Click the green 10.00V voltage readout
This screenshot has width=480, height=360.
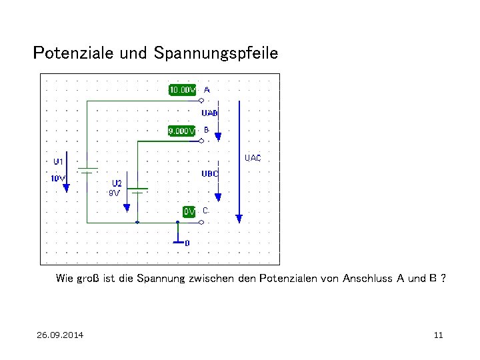tap(182, 89)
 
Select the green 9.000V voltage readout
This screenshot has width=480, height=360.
tap(181, 131)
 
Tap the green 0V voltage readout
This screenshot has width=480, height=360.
tap(189, 211)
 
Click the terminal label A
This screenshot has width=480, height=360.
tap(207, 89)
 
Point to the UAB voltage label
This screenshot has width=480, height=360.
tap(209, 113)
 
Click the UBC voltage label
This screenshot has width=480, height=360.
tap(210, 173)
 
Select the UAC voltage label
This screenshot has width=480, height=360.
tap(253, 158)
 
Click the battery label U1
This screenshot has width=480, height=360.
tap(59, 162)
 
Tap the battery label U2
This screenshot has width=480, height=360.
tap(117, 183)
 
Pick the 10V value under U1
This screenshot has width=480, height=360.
tap(58, 178)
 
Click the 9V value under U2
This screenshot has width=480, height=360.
tap(114, 193)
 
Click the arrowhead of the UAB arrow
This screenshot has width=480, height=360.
tap(218, 137)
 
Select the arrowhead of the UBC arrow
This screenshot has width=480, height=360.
tap(218, 197)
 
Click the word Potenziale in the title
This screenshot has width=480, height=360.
tap(73, 52)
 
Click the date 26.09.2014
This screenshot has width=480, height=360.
tap(60, 335)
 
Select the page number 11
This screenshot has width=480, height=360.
tap(438, 335)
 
